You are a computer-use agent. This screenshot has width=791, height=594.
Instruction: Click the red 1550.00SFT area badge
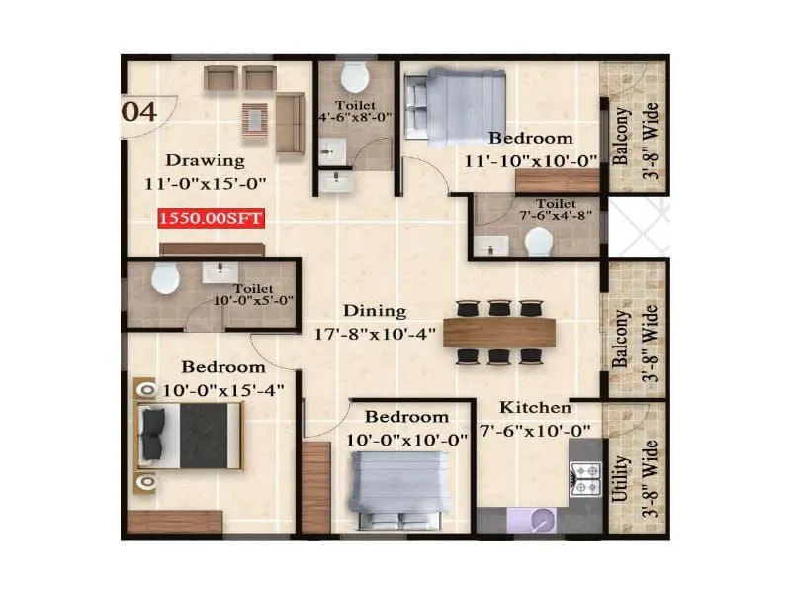coord(212,219)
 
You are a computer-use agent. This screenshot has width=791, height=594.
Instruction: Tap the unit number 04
coord(139,111)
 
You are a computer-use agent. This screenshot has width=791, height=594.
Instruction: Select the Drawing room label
coord(205,160)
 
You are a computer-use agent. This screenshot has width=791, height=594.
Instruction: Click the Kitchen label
coord(534,407)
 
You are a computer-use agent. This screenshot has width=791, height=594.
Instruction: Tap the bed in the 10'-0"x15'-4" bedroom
coord(188,437)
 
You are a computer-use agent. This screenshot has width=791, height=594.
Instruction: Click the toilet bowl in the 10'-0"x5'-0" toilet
coord(165,280)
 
